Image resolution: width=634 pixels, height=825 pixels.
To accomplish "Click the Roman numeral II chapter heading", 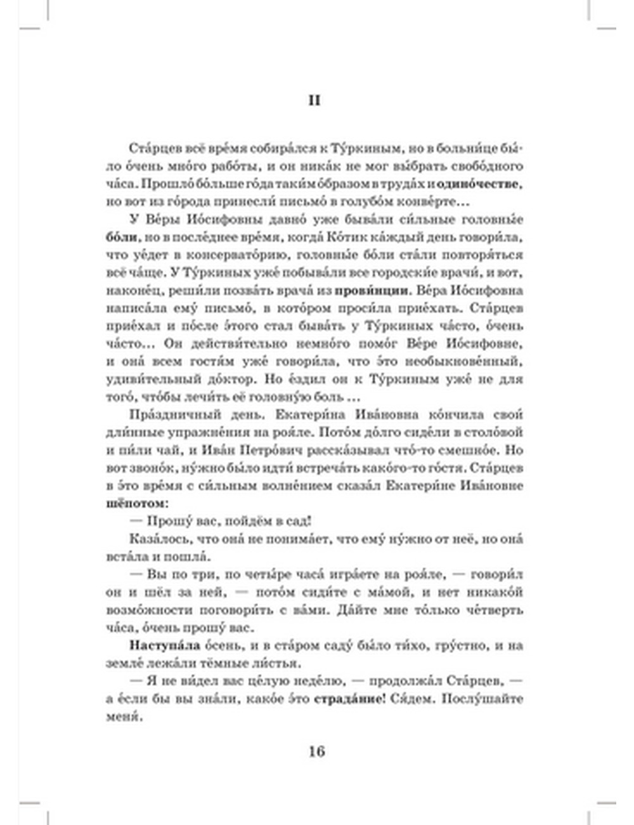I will [315, 101].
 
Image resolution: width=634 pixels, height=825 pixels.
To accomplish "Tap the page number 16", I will [316, 752].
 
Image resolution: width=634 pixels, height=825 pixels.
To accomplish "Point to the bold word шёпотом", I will [136, 503].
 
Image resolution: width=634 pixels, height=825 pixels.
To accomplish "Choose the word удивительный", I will [144, 379].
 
